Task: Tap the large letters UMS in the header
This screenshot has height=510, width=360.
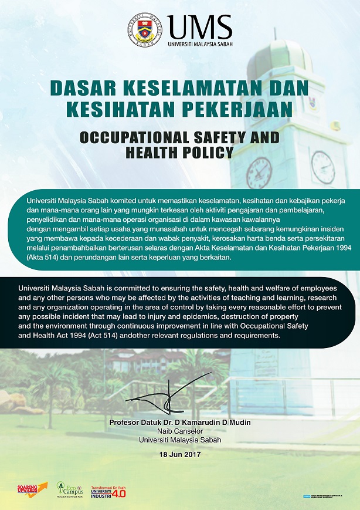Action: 199,26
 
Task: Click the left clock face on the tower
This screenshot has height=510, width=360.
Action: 259,171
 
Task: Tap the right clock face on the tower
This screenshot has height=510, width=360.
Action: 323,167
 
